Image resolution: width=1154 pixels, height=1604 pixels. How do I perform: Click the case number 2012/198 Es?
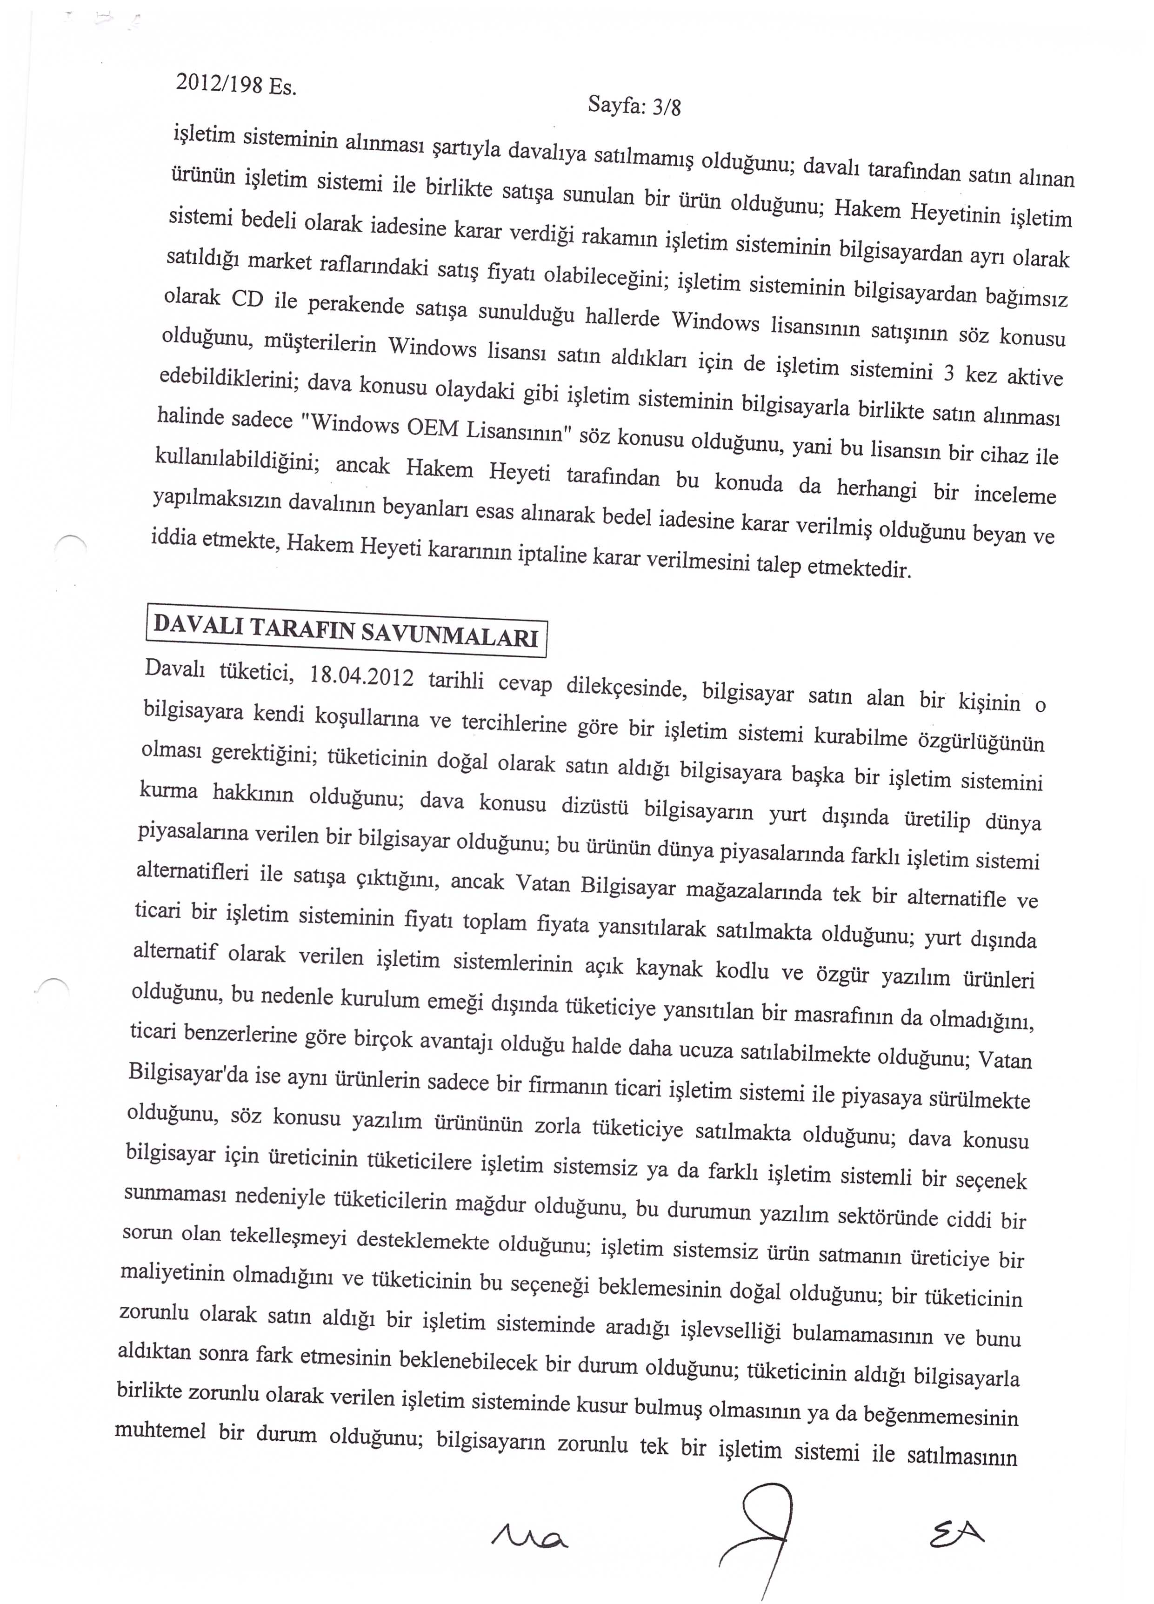tap(235, 85)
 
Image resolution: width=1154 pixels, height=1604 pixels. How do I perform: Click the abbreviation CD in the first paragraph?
tap(247, 300)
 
